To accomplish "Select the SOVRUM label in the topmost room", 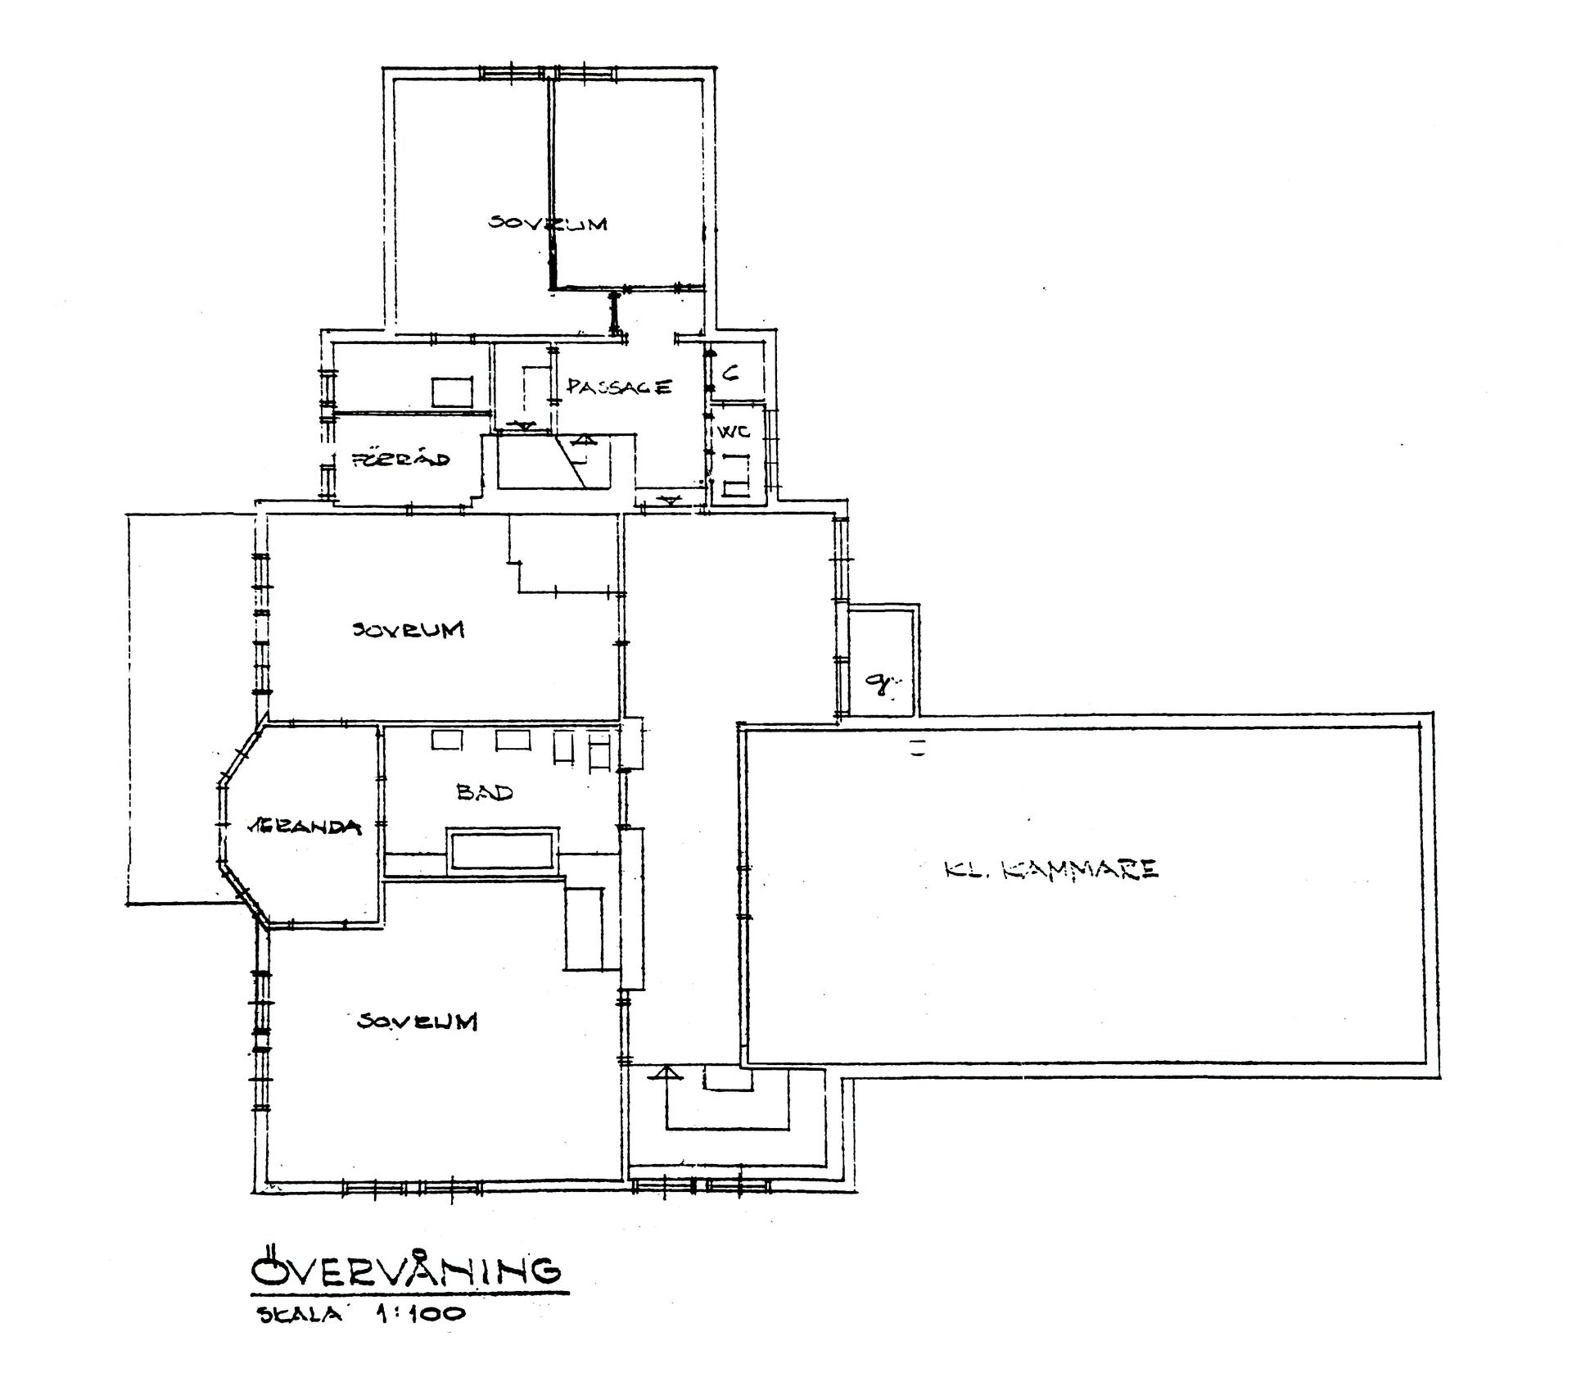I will [x=548, y=223].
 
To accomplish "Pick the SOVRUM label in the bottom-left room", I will [x=418, y=1022].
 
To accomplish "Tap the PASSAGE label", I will [x=619, y=387].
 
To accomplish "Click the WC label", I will [x=734, y=432].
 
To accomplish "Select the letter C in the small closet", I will [x=731, y=373].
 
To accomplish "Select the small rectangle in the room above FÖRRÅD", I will [x=452, y=392].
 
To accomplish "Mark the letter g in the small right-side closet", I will [x=881, y=682].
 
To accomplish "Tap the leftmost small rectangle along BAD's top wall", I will [x=448, y=740].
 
